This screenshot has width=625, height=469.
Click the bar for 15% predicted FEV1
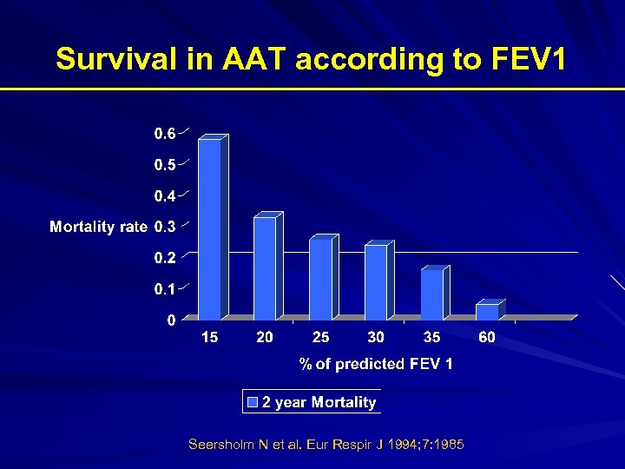210,228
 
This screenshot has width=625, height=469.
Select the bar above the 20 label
265,268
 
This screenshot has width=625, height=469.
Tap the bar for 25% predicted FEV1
320,279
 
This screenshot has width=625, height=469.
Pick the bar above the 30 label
376,282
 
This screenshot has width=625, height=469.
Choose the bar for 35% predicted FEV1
431,294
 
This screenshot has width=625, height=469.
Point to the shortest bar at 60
487,311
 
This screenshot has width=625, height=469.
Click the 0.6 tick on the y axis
165,133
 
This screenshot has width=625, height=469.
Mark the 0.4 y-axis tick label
165,195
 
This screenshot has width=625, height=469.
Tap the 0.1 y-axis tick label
165,288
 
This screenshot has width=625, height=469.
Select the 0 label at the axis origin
171,320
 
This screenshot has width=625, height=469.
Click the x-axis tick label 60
487,337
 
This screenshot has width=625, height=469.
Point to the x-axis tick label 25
320,337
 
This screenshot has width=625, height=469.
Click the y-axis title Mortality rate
98,227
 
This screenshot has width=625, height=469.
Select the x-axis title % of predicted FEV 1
376,364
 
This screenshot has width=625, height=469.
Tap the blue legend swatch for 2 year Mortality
253,402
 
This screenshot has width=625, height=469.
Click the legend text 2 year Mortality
319,402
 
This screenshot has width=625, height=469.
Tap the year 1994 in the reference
400,445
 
